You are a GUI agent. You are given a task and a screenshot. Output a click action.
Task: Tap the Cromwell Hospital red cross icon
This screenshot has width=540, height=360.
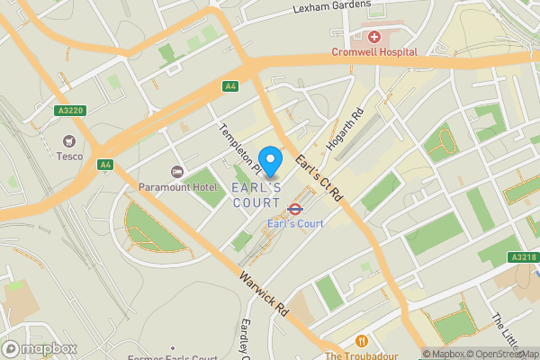click(x=373, y=37)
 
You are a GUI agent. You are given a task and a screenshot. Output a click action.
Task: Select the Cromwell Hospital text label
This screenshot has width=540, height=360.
click(x=373, y=52)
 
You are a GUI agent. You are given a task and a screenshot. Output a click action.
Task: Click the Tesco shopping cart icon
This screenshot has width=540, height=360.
click(x=68, y=140)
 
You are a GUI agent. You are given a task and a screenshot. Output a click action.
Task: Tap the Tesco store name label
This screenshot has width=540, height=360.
click(x=68, y=157)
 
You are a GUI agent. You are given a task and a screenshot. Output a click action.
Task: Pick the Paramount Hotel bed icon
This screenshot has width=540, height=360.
click(x=177, y=171)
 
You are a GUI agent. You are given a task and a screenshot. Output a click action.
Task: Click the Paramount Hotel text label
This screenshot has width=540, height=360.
click(x=177, y=187)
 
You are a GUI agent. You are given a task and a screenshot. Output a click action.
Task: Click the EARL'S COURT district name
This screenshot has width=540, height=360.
click(x=256, y=195)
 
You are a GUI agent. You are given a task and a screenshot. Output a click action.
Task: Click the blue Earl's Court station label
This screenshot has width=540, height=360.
click(x=295, y=223)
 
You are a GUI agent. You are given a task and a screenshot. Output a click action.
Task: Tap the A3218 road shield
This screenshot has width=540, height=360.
click(x=522, y=257)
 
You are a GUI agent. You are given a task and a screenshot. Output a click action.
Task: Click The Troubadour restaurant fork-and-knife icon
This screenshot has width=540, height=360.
click(x=362, y=341)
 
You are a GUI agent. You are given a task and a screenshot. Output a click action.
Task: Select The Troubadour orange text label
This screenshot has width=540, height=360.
click(x=361, y=355)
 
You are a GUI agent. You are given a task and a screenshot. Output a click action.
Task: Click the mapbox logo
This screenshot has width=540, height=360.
click(x=40, y=348)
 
